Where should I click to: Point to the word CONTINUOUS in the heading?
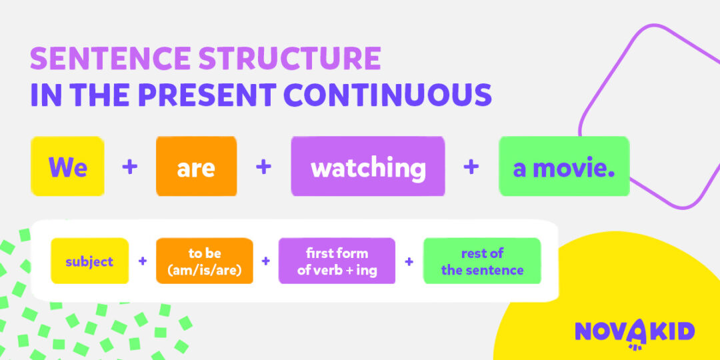pos(389,95)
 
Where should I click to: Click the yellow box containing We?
pos(67,166)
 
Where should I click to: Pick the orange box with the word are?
pos(197,166)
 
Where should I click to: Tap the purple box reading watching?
pos(368,166)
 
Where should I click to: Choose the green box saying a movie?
pos(564,166)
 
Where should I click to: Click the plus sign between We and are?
pos(130,167)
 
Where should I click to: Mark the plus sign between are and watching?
pos(263,167)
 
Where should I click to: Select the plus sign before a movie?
pos(471,167)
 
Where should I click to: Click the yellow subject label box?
pos(89,261)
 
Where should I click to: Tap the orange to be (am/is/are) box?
pos(205,261)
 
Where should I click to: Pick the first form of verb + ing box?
pos(337,261)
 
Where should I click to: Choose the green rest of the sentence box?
pos(482,261)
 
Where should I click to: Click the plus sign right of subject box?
pos(143,261)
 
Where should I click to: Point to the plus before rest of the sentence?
pos(409,261)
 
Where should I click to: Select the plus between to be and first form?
pos(265,261)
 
